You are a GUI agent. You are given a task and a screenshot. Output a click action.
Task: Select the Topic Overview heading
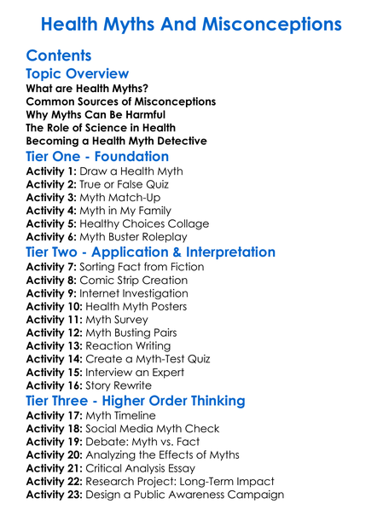pyautogui.click(x=78, y=74)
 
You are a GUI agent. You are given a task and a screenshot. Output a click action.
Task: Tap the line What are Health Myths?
pyautogui.click(x=87, y=89)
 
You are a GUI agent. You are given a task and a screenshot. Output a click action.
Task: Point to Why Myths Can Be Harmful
pyautogui.click(x=96, y=114)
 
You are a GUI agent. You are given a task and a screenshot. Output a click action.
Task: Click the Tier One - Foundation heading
pyautogui.click(x=97, y=157)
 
